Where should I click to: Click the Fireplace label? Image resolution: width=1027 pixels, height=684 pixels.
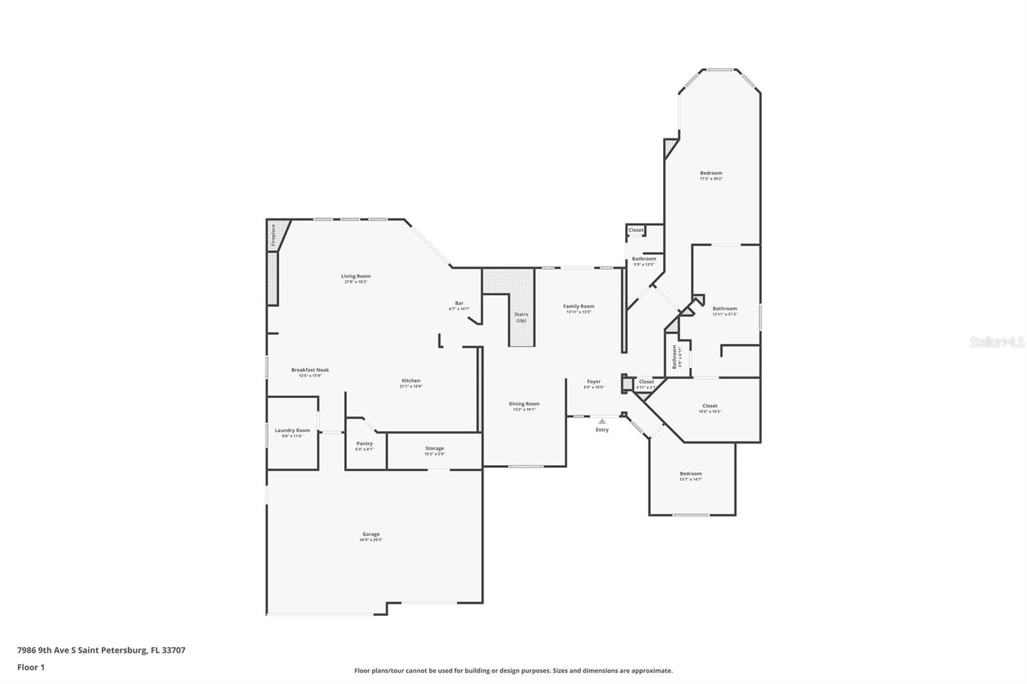pyautogui.click(x=273, y=235)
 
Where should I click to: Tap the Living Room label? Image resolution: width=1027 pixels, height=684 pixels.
pyautogui.click(x=356, y=277)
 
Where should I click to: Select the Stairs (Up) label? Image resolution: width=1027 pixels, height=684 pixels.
pyautogui.click(x=521, y=317)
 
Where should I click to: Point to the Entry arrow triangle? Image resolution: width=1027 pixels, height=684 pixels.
pyautogui.click(x=602, y=422)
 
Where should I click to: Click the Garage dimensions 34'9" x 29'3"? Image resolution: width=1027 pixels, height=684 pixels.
pyautogui.click(x=371, y=540)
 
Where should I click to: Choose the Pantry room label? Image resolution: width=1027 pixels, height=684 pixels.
pyautogui.click(x=365, y=443)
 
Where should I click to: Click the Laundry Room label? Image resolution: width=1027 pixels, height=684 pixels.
pyautogui.click(x=292, y=431)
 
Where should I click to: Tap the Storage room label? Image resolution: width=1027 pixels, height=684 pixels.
pyautogui.click(x=435, y=449)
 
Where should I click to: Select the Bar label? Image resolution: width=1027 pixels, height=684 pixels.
pyautogui.click(x=459, y=304)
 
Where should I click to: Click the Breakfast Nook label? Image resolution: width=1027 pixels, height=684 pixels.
pyautogui.click(x=310, y=370)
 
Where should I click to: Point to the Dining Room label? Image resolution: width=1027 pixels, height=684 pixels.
pyautogui.click(x=524, y=404)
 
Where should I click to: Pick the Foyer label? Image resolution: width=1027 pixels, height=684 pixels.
pyautogui.click(x=594, y=382)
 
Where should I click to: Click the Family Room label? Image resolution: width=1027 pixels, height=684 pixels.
pyautogui.click(x=579, y=306)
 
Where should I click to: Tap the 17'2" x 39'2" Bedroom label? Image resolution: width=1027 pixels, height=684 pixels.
pyautogui.click(x=711, y=173)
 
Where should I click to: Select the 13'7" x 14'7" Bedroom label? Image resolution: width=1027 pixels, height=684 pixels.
pyautogui.click(x=691, y=474)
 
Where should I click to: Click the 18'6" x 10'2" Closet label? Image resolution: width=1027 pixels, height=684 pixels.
pyautogui.click(x=710, y=406)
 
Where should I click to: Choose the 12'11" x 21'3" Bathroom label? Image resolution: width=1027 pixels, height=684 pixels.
pyautogui.click(x=725, y=309)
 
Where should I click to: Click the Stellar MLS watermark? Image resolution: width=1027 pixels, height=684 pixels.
pyautogui.click(x=997, y=343)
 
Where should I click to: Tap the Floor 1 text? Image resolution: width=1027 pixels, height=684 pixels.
pyautogui.click(x=31, y=667)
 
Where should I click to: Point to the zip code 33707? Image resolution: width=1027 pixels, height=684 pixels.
pyautogui.click(x=173, y=650)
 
